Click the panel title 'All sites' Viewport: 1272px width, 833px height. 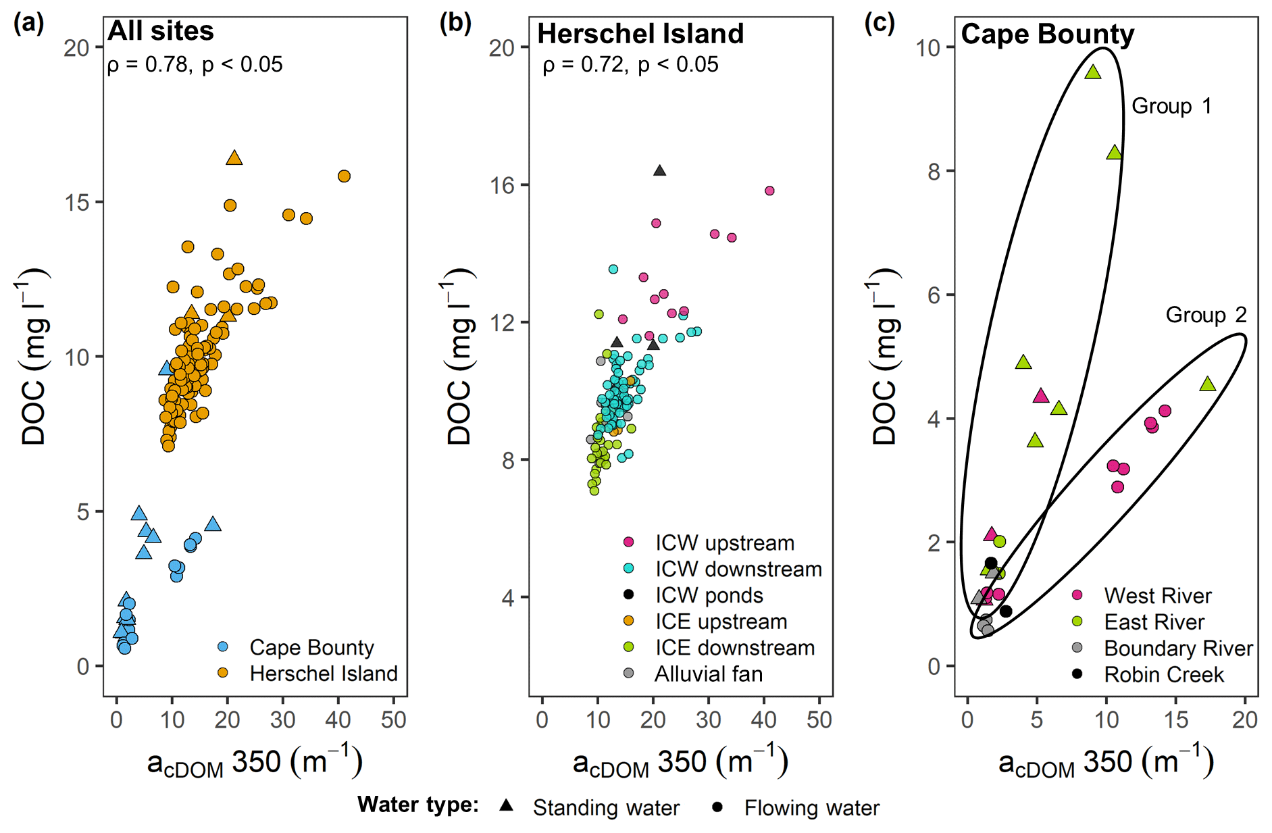pyautogui.click(x=161, y=31)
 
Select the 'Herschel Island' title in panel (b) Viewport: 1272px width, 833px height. pyautogui.click(x=640, y=34)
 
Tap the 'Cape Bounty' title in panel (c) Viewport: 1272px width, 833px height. pyautogui.click(x=1047, y=34)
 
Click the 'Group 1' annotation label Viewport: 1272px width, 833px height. pyautogui.click(x=1171, y=106)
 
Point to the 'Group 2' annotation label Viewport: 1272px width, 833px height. pyautogui.click(x=1206, y=315)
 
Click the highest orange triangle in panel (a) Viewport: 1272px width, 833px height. pyautogui.click(x=234, y=158)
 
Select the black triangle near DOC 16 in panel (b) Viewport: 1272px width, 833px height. pyautogui.click(x=659, y=171)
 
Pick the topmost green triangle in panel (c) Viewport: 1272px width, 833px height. pyautogui.click(x=1093, y=72)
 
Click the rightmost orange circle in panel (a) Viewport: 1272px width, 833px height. pyautogui.click(x=344, y=176)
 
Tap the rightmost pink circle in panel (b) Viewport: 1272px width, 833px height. pyautogui.click(x=769, y=191)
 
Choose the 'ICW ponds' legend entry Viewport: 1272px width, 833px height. pyautogui.click(x=709, y=595)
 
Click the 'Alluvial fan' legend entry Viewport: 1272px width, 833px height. pyautogui.click(x=708, y=674)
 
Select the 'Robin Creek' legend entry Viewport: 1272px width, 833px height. pyautogui.click(x=1163, y=674)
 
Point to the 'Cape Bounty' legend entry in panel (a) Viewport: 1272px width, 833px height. pyautogui.click(x=311, y=647)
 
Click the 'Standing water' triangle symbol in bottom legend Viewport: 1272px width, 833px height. pyautogui.click(x=506, y=805)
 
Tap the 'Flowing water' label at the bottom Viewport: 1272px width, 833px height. pyautogui.click(x=811, y=808)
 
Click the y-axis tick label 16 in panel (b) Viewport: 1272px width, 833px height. pyautogui.click(x=503, y=185)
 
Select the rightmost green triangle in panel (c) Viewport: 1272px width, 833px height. pyautogui.click(x=1208, y=384)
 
